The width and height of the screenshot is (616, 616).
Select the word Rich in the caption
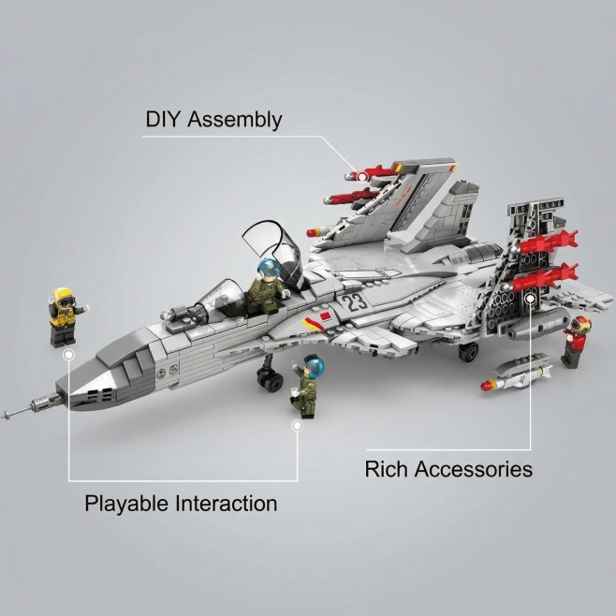pyautogui.click(x=386, y=468)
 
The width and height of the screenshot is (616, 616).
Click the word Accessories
pyautogui.click(x=474, y=468)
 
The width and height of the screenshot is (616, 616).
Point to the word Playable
pyautogui.click(x=125, y=504)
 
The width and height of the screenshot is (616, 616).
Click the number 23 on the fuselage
pyautogui.click(x=355, y=301)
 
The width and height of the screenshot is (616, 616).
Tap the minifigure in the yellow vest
pyautogui.click(x=63, y=316)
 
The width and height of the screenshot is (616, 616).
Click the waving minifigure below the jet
pyautogui.click(x=306, y=384)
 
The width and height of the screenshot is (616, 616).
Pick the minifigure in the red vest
pyautogui.click(x=577, y=342)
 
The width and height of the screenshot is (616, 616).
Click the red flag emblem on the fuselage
pyautogui.click(x=325, y=323)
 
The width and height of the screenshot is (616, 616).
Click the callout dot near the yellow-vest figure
pyautogui.click(x=68, y=356)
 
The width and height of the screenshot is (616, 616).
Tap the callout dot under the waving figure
pyautogui.click(x=297, y=425)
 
